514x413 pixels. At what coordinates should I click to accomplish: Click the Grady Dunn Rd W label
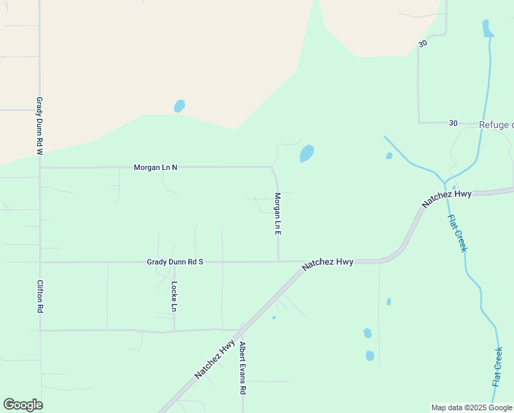click(40, 125)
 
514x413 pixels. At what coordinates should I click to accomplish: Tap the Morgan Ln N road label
click(155, 167)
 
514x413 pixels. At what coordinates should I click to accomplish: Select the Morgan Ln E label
click(278, 214)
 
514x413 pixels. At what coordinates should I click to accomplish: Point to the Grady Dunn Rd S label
click(175, 262)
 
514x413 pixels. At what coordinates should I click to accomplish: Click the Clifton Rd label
click(40, 297)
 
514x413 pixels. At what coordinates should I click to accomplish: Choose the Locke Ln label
click(175, 297)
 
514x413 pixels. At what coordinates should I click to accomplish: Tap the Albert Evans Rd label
click(243, 368)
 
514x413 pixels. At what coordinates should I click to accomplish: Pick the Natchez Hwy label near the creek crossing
click(447, 199)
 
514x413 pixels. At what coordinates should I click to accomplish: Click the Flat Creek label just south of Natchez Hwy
click(457, 233)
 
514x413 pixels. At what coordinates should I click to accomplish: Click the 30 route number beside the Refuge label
click(453, 123)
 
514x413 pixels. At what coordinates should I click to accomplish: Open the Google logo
click(23, 405)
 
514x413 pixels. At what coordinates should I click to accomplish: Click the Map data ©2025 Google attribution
click(471, 407)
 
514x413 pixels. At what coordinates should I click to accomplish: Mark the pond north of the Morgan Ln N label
click(179, 106)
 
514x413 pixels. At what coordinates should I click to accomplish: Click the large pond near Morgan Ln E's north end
click(306, 153)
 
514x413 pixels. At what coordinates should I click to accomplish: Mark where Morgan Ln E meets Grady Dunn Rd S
click(278, 262)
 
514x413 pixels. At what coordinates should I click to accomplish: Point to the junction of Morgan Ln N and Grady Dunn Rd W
click(40, 167)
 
